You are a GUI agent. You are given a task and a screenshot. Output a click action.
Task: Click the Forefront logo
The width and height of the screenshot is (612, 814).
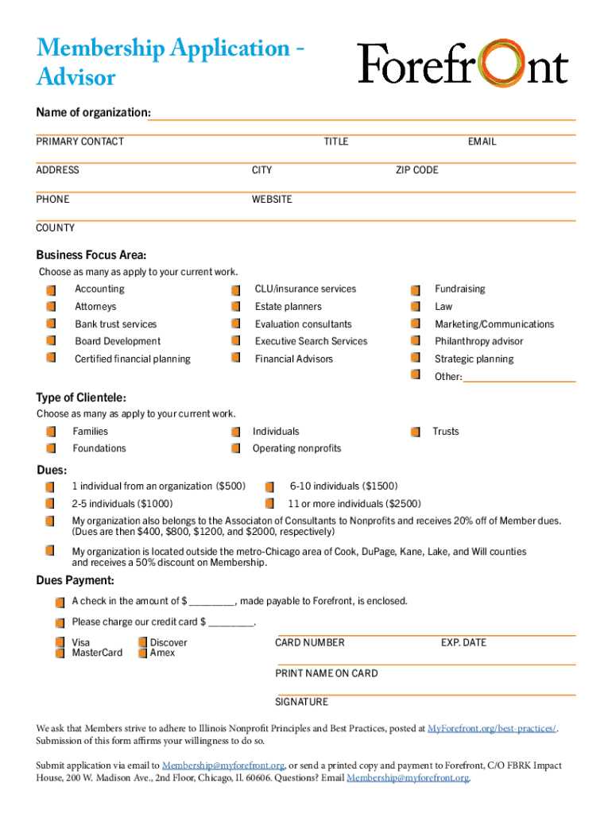(463, 64)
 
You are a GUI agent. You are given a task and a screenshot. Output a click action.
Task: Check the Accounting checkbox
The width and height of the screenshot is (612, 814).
(51, 289)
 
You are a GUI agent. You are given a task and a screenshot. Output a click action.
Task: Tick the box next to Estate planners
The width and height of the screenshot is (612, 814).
(235, 307)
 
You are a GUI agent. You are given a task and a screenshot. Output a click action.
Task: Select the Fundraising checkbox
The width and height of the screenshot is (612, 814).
(416, 289)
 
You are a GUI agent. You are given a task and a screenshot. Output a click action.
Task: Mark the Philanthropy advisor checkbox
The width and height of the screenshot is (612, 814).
(416, 342)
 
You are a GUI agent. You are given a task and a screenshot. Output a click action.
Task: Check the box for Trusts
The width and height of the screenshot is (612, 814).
(416, 432)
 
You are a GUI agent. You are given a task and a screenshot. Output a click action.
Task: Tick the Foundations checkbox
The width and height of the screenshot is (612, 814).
(51, 449)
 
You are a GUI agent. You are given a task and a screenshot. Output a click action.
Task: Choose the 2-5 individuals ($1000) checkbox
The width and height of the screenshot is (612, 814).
(50, 504)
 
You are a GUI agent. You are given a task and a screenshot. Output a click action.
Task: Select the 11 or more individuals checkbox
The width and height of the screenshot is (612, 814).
(270, 504)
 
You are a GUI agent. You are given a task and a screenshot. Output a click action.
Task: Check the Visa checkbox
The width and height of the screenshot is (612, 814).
(60, 642)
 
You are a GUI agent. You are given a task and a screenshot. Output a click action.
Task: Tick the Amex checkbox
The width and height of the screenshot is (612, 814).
(143, 653)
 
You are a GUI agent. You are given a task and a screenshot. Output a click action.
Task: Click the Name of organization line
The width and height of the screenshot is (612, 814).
(362, 116)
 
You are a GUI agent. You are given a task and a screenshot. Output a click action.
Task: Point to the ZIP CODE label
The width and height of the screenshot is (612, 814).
(416, 170)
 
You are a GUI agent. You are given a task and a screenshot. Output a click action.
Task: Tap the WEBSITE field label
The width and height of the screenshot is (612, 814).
(272, 200)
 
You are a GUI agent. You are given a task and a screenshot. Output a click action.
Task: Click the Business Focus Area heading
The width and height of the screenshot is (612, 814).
(91, 255)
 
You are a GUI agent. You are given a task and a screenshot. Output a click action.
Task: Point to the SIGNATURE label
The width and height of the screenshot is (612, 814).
(301, 702)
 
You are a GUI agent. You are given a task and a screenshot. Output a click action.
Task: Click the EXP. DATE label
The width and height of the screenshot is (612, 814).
(463, 642)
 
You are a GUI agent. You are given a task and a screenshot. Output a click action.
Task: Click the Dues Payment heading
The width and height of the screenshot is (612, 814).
(75, 580)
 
